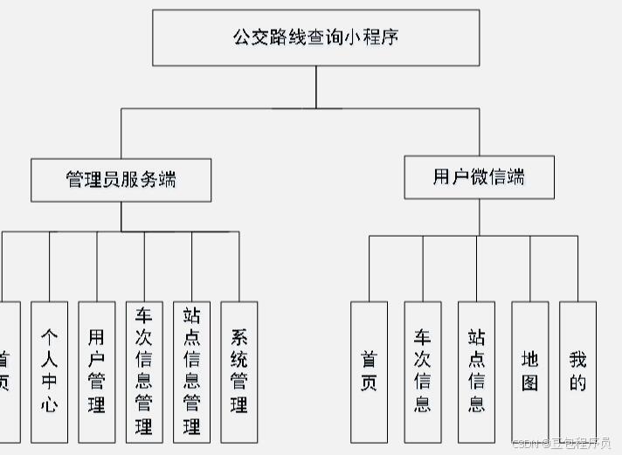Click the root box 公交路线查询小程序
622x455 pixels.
(315, 38)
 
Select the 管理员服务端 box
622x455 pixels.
(121, 180)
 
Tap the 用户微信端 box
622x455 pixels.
(479, 177)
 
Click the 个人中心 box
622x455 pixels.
(49, 371)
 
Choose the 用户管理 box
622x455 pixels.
(96, 371)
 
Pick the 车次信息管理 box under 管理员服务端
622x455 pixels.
(144, 371)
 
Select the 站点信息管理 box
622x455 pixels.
(191, 371)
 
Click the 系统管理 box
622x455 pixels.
(238, 371)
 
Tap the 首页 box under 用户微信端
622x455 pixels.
(369, 371)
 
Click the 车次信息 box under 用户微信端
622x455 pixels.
(423, 371)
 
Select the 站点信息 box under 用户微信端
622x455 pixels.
(476, 371)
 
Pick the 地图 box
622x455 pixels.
(530, 371)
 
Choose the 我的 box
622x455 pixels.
(577, 371)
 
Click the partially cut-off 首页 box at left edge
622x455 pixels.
(7, 371)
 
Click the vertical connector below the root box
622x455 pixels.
(316, 86)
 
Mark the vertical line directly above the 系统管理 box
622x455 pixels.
(238, 266)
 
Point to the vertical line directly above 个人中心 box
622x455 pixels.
(49, 266)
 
